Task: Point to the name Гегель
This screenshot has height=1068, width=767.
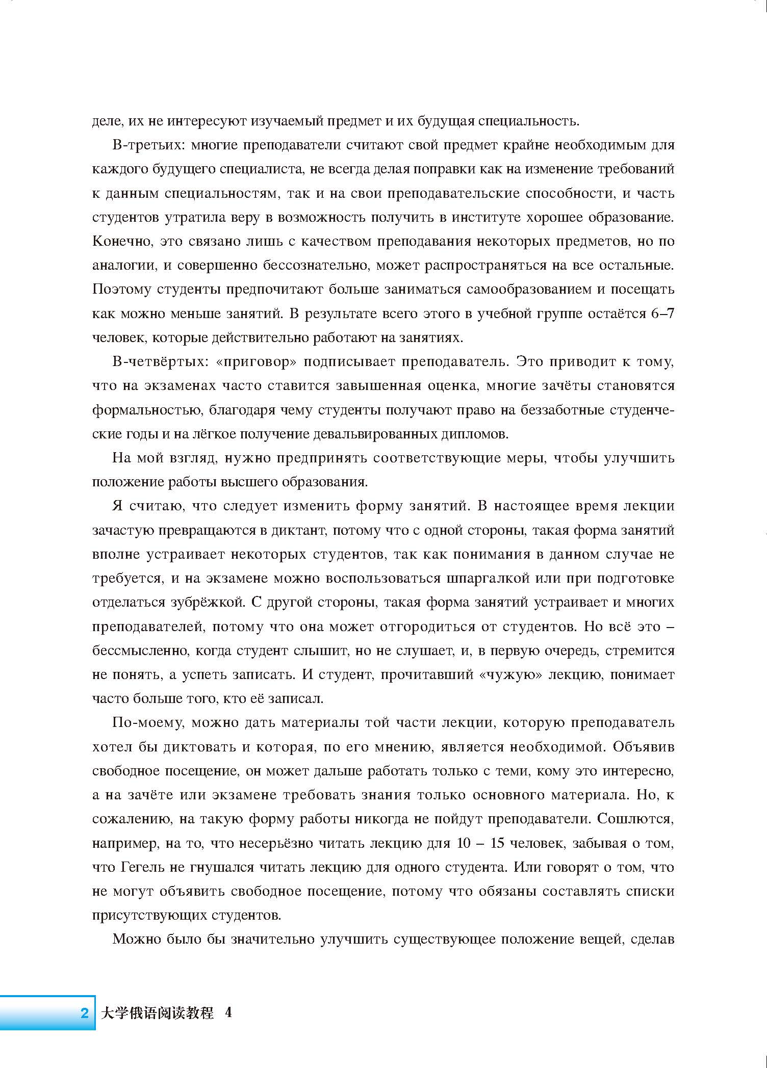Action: (145, 867)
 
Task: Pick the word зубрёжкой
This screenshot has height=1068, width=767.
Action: (209, 603)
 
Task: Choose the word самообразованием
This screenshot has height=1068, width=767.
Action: (520, 290)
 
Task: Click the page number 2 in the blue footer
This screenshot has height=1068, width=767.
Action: (85, 1012)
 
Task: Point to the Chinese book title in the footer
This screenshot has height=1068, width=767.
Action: (157, 1012)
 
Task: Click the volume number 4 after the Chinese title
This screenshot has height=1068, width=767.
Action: (228, 1012)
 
